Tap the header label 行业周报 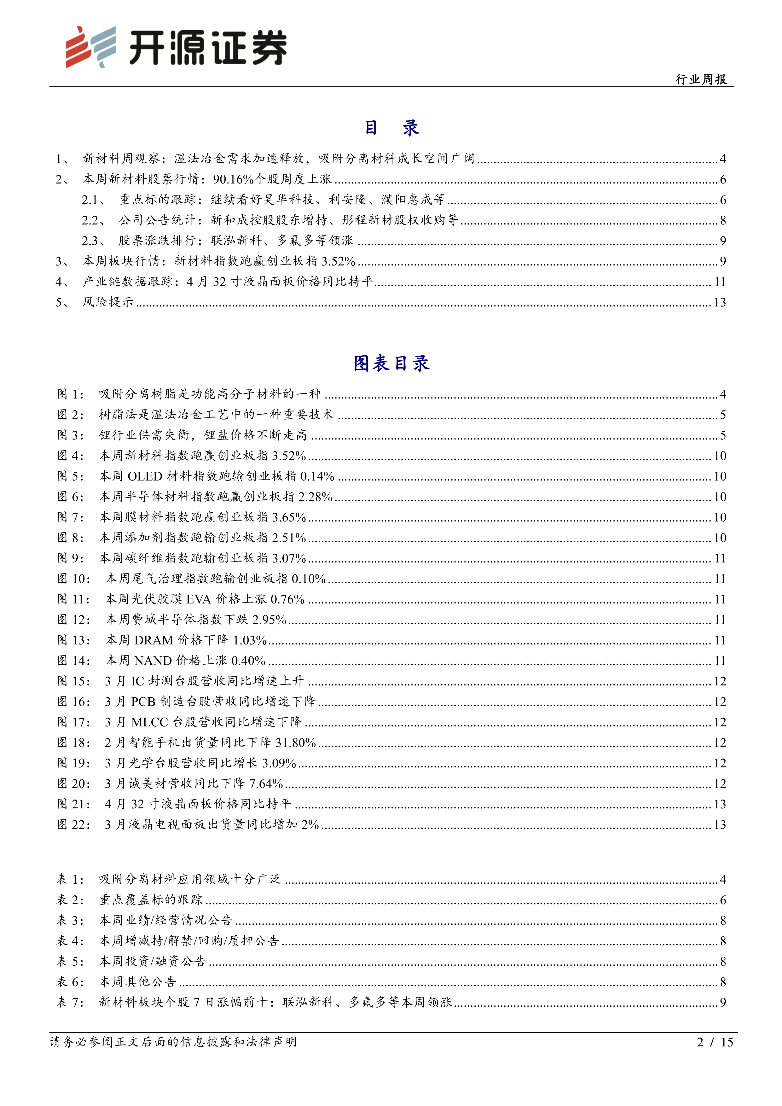[x=701, y=79]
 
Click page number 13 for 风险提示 [x=719, y=302]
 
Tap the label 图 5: [x=70, y=476]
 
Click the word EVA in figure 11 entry [x=198, y=599]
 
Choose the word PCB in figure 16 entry [x=143, y=701]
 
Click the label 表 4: [x=70, y=941]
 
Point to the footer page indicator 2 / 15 [x=715, y=1042]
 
